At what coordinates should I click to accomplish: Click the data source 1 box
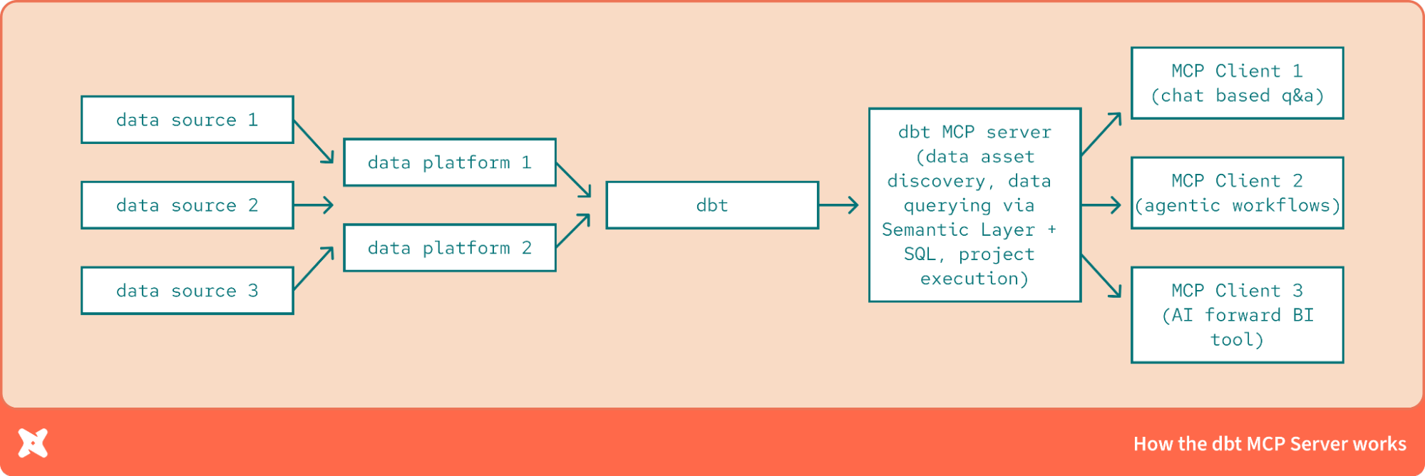tap(187, 120)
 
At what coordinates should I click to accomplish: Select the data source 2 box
tap(187, 205)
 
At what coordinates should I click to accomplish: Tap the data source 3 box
tap(187, 291)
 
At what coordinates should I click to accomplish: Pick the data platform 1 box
tap(450, 162)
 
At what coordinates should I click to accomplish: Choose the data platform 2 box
tap(450, 248)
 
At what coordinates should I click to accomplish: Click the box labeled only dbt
tap(712, 205)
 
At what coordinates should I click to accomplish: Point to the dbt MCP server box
tap(974, 205)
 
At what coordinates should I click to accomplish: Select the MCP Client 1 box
tap(1237, 83)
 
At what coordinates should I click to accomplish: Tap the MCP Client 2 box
tap(1237, 193)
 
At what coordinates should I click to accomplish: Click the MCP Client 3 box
tap(1237, 315)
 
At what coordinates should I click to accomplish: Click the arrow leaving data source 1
tap(314, 141)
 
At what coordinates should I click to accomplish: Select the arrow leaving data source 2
tap(314, 205)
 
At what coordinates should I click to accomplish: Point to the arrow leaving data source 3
tap(314, 269)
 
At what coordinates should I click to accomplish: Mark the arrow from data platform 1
tap(574, 180)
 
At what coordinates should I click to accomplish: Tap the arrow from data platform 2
tap(574, 230)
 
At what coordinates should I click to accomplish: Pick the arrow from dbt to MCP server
tap(838, 205)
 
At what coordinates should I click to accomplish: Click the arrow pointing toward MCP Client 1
tap(1101, 134)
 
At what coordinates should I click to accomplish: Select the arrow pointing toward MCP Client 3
tap(1101, 276)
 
